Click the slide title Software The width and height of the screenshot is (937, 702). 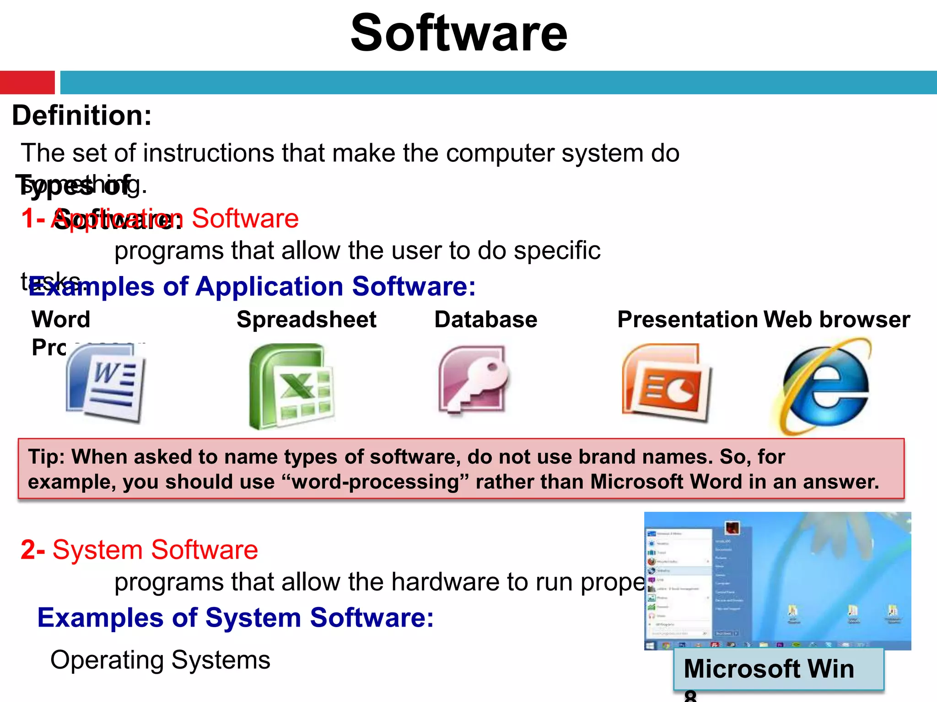[x=459, y=33]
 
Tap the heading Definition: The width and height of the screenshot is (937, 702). [x=82, y=115]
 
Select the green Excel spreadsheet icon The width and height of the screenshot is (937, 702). [x=292, y=386]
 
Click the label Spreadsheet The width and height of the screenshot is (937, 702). [x=306, y=319]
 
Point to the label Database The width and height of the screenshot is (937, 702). [x=485, y=319]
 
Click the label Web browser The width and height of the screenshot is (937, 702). [x=837, y=319]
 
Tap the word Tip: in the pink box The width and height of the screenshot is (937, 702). [x=48, y=457]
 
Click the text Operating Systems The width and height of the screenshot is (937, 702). [x=160, y=659]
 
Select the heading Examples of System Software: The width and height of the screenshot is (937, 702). [x=235, y=617]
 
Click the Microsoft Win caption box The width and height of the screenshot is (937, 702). [x=778, y=669]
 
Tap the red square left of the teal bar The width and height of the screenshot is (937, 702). [x=27, y=82]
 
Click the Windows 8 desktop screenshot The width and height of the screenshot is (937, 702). [x=777, y=580]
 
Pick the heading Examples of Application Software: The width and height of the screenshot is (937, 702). [x=252, y=287]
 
